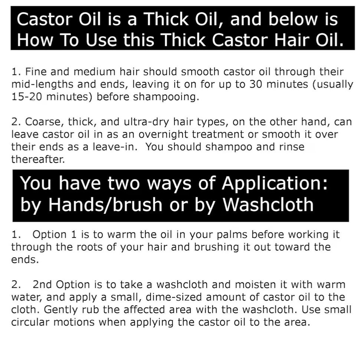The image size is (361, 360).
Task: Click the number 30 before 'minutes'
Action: coord(256,84)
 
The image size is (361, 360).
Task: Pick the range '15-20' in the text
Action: coord(27,97)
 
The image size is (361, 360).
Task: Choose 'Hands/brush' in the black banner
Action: coord(105,204)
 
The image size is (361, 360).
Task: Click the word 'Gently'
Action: coord(61,310)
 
